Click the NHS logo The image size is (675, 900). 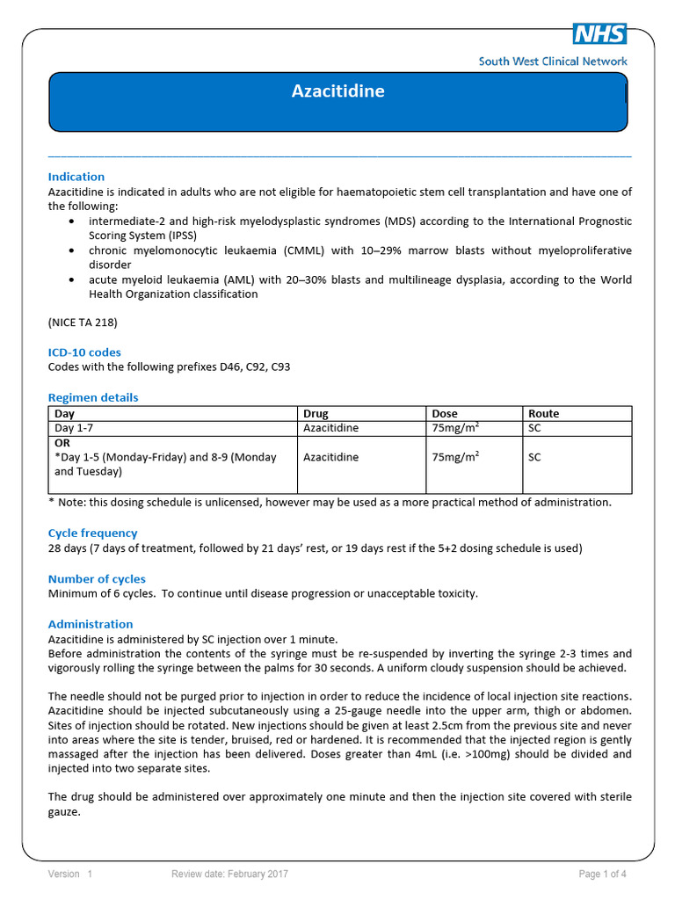click(599, 33)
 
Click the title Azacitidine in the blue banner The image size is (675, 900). click(337, 91)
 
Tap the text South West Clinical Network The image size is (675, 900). click(553, 62)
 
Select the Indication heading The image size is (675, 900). click(76, 177)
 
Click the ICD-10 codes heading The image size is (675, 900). click(84, 352)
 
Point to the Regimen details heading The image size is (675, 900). click(93, 397)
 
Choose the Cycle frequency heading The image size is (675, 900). click(92, 533)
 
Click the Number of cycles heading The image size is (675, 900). click(97, 579)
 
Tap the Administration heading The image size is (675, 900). click(91, 624)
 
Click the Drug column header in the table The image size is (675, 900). click(316, 414)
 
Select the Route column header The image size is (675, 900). click(543, 414)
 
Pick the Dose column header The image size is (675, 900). click(445, 414)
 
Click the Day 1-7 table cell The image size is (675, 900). click(70, 428)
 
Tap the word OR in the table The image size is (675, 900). click(62, 444)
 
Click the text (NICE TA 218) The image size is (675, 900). click(83, 323)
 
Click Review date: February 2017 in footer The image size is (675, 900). click(229, 874)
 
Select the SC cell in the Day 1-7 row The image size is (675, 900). click(534, 428)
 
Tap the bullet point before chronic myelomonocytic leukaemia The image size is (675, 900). click(70, 251)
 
